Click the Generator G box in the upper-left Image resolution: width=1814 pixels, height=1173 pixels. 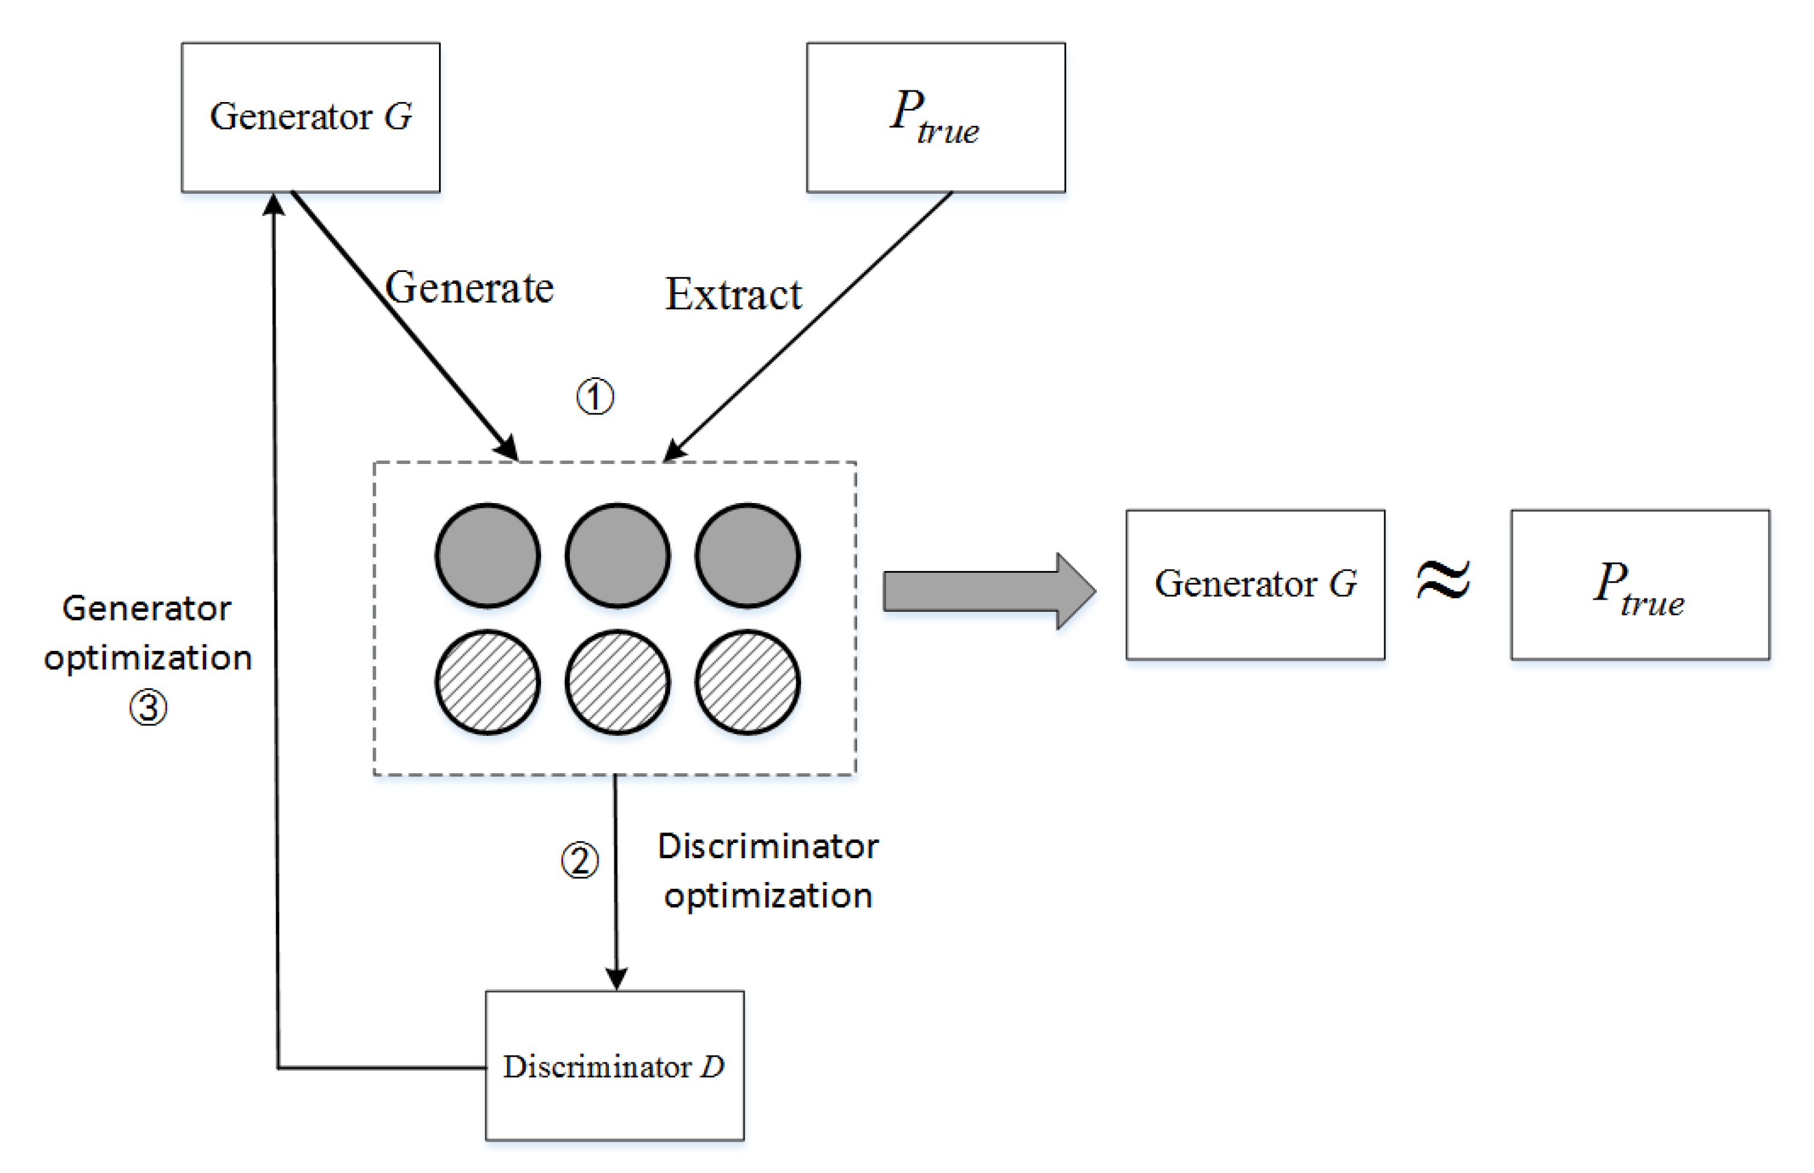point(310,117)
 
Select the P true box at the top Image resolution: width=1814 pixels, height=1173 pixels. point(935,117)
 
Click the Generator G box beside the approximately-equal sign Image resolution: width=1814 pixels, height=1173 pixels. point(1254,584)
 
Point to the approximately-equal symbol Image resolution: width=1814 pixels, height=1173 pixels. point(1442,581)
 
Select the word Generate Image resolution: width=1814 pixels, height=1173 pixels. point(468,288)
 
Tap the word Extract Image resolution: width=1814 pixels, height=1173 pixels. point(732,294)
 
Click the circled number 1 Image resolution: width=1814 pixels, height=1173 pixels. point(594,396)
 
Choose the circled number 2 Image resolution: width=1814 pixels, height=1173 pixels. point(579,860)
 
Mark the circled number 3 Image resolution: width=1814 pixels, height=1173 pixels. point(148,708)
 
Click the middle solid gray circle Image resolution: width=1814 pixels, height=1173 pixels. point(617,555)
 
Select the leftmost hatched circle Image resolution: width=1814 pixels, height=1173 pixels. point(488,682)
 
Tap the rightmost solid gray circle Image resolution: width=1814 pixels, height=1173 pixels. point(747,555)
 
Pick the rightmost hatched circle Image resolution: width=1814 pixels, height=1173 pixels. point(747,682)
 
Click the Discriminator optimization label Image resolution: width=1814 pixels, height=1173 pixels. point(767,870)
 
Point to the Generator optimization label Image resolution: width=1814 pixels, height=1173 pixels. point(147,632)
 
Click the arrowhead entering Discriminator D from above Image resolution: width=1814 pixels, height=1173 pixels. point(616,978)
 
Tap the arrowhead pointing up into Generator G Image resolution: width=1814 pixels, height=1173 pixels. point(273,204)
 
